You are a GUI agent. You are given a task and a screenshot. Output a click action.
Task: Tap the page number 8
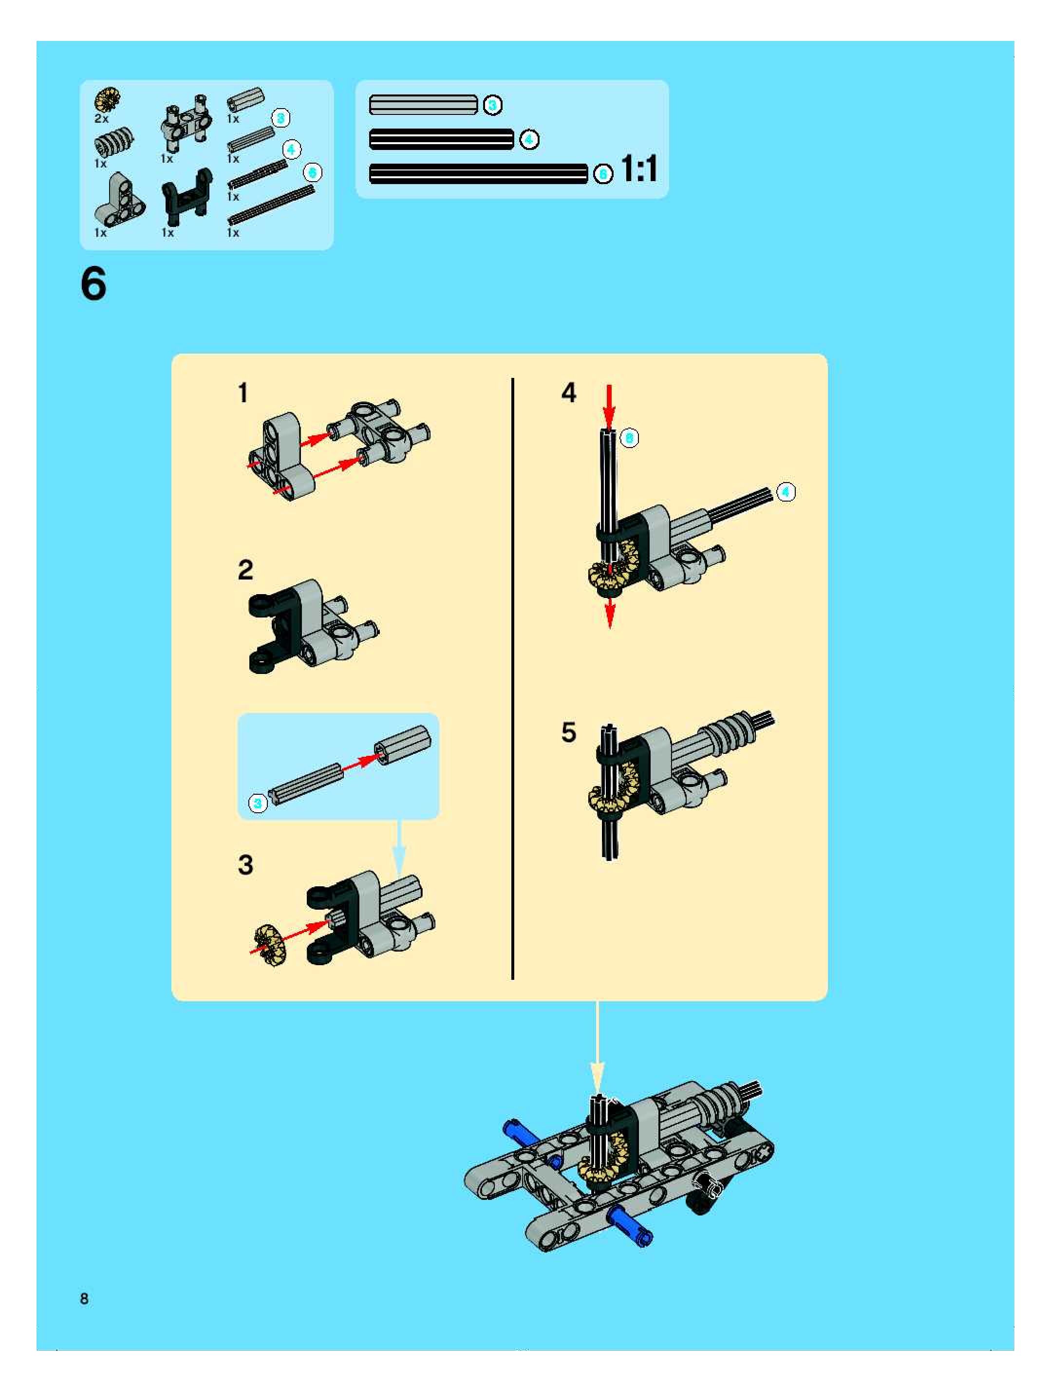84,1298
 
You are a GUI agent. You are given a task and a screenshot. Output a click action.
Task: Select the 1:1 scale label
639,169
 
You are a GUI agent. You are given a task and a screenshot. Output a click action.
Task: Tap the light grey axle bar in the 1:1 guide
424,105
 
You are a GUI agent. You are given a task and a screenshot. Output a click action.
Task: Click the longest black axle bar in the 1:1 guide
479,173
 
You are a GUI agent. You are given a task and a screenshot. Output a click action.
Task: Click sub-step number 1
243,393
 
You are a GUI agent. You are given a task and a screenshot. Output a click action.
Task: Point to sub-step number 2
245,569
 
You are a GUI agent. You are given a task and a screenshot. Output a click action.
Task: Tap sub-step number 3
245,865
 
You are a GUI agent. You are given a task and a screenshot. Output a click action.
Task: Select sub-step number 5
568,732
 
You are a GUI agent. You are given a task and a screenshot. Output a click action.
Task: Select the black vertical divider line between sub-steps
512,678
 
